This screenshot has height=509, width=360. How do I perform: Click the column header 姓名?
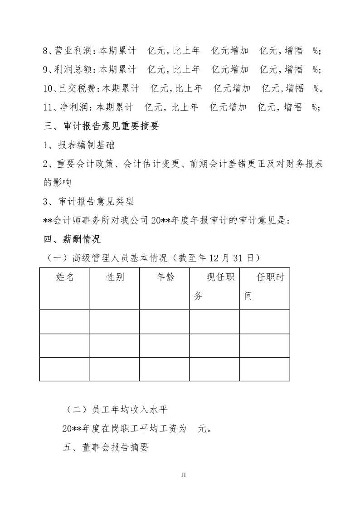click(x=65, y=277)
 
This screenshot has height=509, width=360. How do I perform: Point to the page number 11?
click(x=183, y=475)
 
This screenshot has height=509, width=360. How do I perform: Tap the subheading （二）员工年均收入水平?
click(x=117, y=410)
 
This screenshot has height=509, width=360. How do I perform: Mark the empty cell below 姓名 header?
click(x=64, y=322)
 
